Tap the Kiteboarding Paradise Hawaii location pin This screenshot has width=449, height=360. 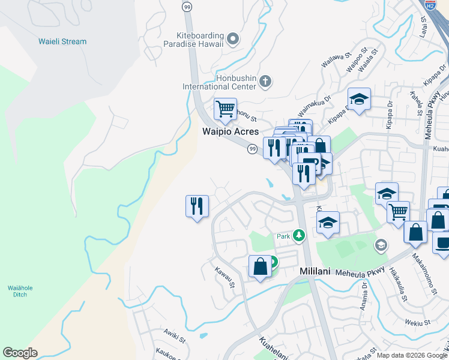234,40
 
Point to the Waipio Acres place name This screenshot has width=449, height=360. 230,131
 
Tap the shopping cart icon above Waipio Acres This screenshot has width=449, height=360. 225,110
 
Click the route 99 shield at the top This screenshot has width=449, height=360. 187,6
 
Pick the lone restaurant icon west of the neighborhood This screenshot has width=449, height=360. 197,206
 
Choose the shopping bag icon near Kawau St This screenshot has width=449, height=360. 260,266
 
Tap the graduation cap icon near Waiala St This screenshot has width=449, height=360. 359,100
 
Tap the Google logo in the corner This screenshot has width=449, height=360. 20,353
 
